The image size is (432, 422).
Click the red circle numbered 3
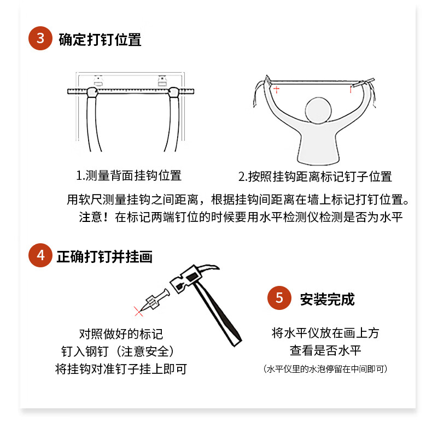40,38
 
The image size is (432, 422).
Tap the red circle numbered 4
40,255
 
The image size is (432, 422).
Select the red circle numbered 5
279,298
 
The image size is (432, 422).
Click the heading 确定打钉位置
100,40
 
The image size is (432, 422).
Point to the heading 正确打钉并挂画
104,257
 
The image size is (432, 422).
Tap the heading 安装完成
328,299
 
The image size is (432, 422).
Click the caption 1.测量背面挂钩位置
129,175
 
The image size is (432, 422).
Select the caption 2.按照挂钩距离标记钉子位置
315,177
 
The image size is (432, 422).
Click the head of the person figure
318,110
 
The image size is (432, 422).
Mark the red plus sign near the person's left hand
276,89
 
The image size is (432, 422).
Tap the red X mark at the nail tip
138,311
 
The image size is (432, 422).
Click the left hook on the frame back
98,81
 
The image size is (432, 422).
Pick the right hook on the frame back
162,81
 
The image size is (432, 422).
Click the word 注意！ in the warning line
94,217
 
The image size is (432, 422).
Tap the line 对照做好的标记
121,334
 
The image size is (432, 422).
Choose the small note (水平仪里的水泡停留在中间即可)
325,369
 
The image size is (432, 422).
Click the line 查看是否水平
325,350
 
